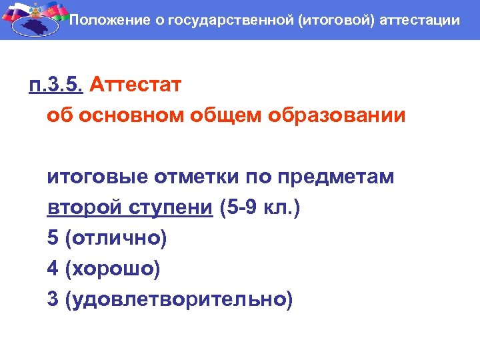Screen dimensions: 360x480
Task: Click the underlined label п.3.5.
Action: point(55,86)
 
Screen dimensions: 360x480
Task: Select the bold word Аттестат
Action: point(134,86)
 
